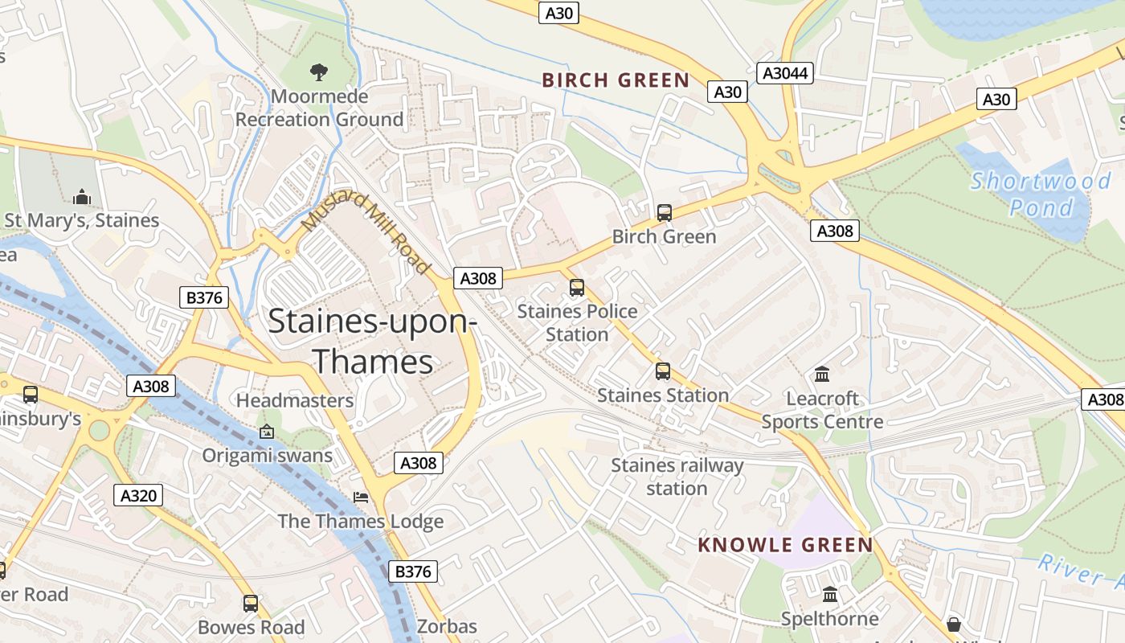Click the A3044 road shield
[x=785, y=73]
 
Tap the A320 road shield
[x=138, y=495]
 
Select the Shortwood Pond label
[x=1040, y=194]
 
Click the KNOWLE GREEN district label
[x=785, y=545]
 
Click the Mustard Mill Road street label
[x=366, y=233]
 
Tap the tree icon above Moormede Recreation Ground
[x=319, y=72]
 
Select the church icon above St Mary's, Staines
[x=81, y=197]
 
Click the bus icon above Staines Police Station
[x=577, y=288]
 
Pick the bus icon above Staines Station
[x=663, y=371]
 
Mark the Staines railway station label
[x=677, y=477]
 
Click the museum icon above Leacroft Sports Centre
[x=822, y=375]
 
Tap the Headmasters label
[x=295, y=400]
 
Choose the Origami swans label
[x=267, y=456]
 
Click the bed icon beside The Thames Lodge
[x=362, y=498]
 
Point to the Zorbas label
[x=447, y=626]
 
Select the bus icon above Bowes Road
[x=251, y=604]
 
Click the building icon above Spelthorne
[x=830, y=595]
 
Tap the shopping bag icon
[x=954, y=625]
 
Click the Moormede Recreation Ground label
[x=319, y=108]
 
